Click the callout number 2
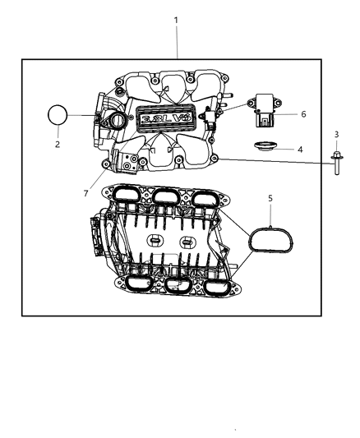57,145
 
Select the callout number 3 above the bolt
335,134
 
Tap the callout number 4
299,150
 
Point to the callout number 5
269,199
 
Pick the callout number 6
302,114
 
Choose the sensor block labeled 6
265,113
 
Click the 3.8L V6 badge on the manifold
167,120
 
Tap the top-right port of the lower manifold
206,200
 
